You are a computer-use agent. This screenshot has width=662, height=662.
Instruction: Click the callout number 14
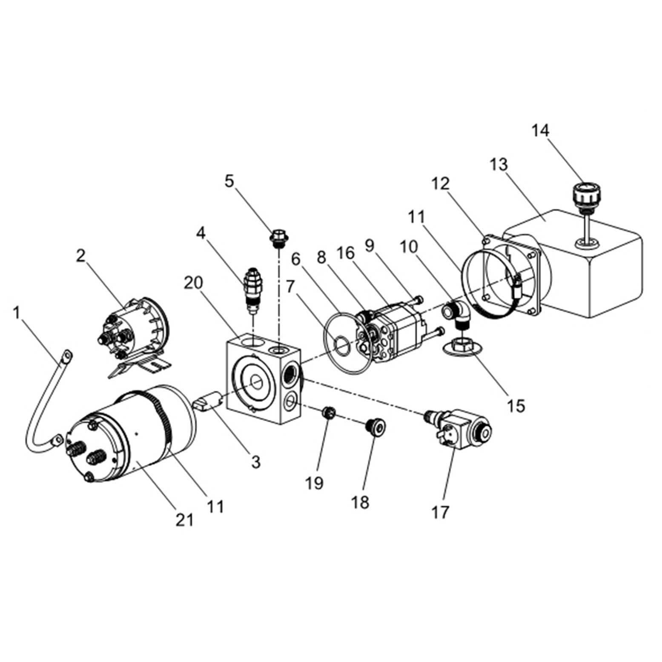[540, 130]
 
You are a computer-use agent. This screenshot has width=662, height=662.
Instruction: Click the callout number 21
[184, 520]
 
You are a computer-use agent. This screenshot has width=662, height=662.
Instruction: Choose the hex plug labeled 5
[278, 238]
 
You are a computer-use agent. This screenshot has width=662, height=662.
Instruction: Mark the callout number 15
[516, 406]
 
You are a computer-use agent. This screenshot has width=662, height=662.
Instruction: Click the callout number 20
[193, 283]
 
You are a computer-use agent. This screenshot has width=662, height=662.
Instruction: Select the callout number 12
[440, 184]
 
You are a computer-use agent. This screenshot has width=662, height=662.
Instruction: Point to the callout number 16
[346, 253]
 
